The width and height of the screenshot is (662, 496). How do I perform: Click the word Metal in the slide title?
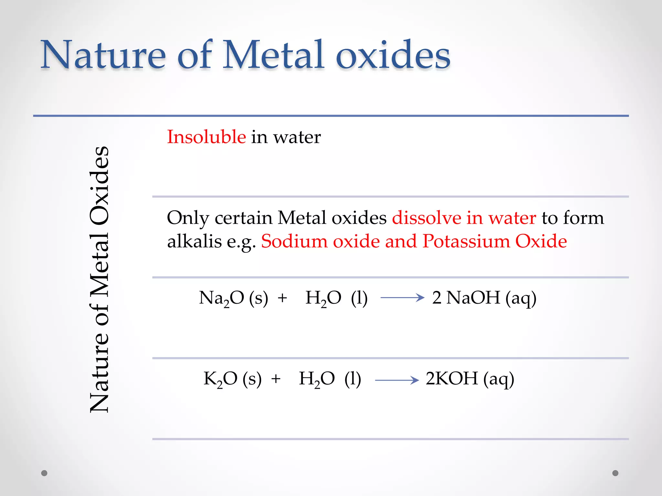273,55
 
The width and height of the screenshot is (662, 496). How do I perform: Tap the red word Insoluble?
206,137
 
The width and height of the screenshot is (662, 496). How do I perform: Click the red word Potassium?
466,242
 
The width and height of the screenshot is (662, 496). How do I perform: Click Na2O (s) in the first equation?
233,298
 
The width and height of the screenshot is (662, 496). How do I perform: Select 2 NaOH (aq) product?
484,298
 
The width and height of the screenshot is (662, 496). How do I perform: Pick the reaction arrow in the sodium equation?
402,297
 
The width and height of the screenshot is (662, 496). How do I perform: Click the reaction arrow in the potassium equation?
397,380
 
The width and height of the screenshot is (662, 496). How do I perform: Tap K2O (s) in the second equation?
232,379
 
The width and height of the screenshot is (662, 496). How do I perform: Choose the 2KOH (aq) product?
470,379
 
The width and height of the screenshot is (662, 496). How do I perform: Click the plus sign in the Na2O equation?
282,298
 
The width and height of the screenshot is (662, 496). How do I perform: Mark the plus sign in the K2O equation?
276,379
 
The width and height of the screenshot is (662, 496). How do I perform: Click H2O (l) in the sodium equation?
336,298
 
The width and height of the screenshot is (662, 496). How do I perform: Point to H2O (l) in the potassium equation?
330,379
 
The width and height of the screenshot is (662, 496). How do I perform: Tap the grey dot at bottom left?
44,473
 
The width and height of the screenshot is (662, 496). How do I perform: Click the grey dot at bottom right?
615,473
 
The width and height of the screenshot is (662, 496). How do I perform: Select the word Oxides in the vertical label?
100,186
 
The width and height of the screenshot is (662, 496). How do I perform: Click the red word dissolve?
426,218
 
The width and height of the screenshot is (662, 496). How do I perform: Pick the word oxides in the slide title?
393,55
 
